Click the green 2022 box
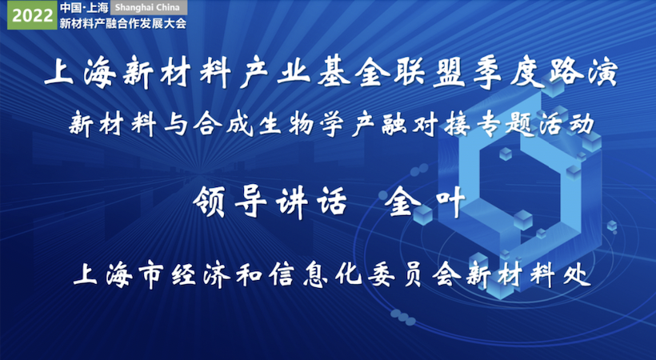(32, 15)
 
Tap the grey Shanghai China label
(149, 7)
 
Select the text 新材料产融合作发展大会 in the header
(123, 23)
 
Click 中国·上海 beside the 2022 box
(84, 7)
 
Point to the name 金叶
(426, 202)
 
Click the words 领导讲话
(270, 202)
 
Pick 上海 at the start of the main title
(80, 74)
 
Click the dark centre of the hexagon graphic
(518, 180)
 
